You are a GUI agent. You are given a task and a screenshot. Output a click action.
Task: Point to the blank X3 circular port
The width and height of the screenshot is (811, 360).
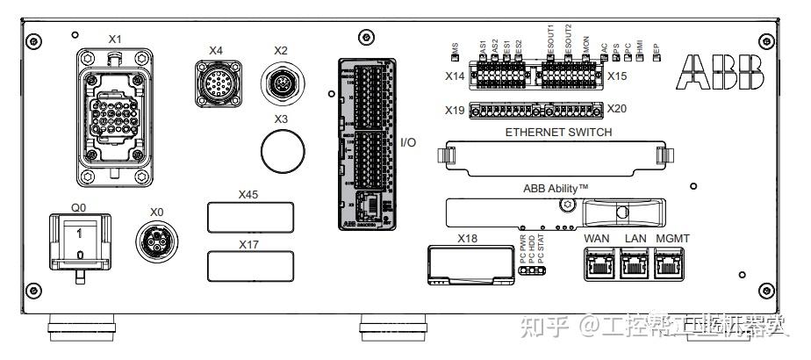coord(281,150)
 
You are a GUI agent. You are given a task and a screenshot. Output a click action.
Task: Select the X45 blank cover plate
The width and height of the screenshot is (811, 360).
coord(249,216)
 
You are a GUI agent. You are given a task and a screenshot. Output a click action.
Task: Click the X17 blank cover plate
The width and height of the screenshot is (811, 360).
coord(249,264)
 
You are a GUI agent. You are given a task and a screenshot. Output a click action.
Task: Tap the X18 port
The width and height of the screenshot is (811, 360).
coord(471,263)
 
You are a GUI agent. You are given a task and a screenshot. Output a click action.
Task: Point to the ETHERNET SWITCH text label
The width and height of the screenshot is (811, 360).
coord(557,133)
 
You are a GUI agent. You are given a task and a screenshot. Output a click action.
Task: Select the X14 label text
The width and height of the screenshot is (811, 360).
coord(454,76)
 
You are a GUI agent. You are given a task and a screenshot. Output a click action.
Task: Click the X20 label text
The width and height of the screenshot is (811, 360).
coord(617,110)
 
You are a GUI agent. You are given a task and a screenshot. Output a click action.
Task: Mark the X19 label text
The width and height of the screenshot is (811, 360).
coord(454,111)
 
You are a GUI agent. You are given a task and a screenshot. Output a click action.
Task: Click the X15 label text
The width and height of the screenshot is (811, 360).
coord(617,76)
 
